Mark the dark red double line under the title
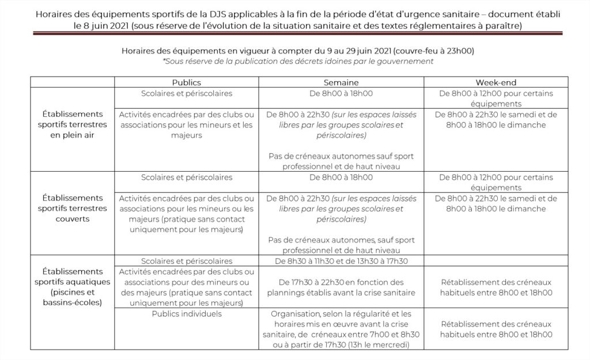[x=295, y=34]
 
